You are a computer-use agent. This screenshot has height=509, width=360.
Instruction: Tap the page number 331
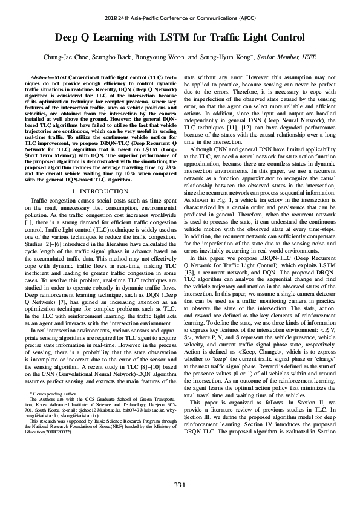click(180, 485)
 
